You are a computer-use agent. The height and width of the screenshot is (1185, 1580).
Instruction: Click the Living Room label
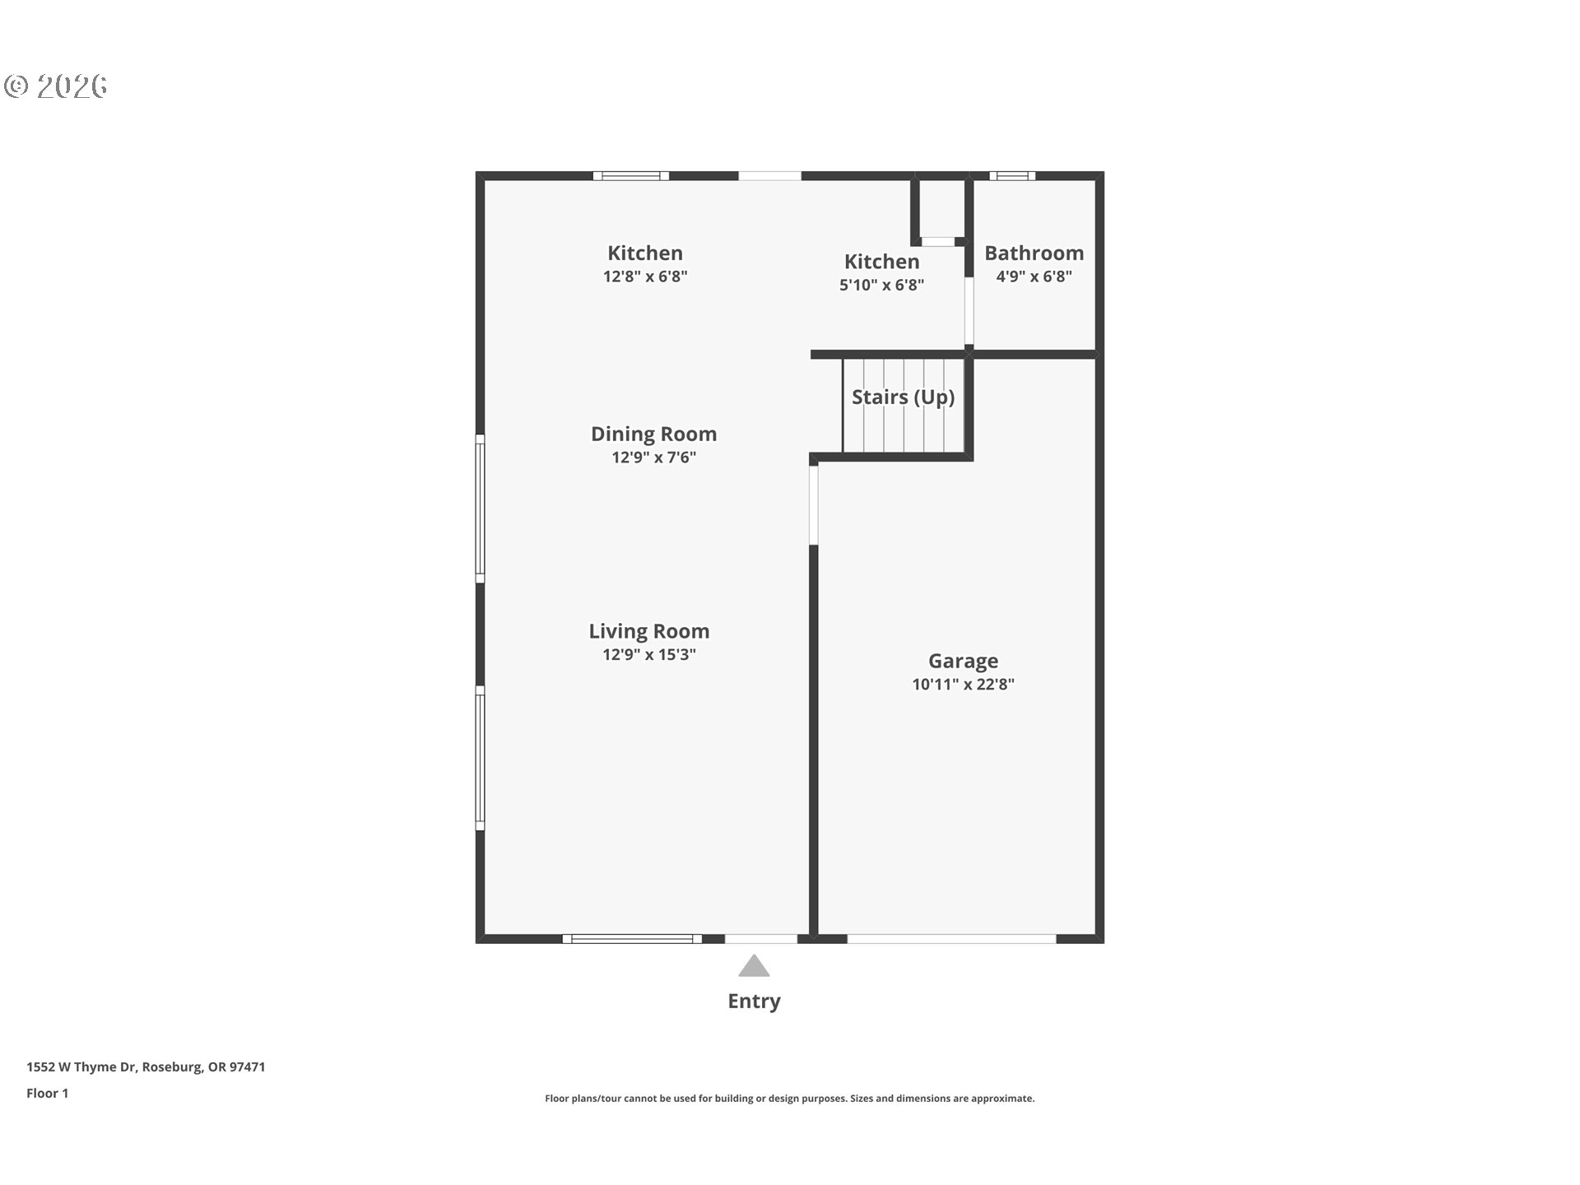pyautogui.click(x=648, y=631)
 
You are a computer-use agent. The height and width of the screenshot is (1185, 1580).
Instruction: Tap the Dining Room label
pyautogui.click(x=653, y=434)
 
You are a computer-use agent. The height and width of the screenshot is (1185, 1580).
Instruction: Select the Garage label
pyautogui.click(x=963, y=661)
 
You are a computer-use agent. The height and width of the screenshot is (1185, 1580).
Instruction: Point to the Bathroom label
pyautogui.click(x=1034, y=253)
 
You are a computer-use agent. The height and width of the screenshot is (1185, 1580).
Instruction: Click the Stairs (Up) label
pyautogui.click(x=903, y=397)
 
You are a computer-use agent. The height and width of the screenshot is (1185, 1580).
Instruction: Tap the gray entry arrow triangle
pyautogui.click(x=754, y=965)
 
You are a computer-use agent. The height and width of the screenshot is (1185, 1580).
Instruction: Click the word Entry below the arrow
pyautogui.click(x=754, y=1001)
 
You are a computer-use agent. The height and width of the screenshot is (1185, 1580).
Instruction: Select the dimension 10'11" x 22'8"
pyautogui.click(x=963, y=684)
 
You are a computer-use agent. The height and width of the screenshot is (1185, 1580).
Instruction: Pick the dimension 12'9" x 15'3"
pyautogui.click(x=648, y=654)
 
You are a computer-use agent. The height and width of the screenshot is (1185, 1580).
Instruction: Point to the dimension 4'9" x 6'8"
pyautogui.click(x=1034, y=276)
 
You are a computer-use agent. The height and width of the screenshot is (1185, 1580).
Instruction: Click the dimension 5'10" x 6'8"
pyautogui.click(x=881, y=285)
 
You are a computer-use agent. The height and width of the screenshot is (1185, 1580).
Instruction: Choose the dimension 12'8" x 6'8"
pyautogui.click(x=644, y=276)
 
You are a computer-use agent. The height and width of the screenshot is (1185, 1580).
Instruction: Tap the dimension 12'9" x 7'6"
pyautogui.click(x=653, y=458)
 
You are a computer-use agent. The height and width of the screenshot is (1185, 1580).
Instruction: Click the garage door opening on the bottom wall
pyautogui.click(x=951, y=939)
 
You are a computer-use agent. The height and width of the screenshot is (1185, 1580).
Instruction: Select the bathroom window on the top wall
pyautogui.click(x=1012, y=175)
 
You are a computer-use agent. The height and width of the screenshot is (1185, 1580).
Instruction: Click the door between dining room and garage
pyautogui.click(x=814, y=505)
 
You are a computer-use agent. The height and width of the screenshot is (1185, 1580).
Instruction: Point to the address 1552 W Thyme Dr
pyautogui.click(x=81, y=1067)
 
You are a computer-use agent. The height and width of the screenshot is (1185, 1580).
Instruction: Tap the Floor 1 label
pyautogui.click(x=47, y=1094)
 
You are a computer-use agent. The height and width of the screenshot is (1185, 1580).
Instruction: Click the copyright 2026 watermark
pyautogui.click(x=55, y=86)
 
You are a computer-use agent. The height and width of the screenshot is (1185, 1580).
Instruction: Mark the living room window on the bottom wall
pyautogui.click(x=632, y=939)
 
